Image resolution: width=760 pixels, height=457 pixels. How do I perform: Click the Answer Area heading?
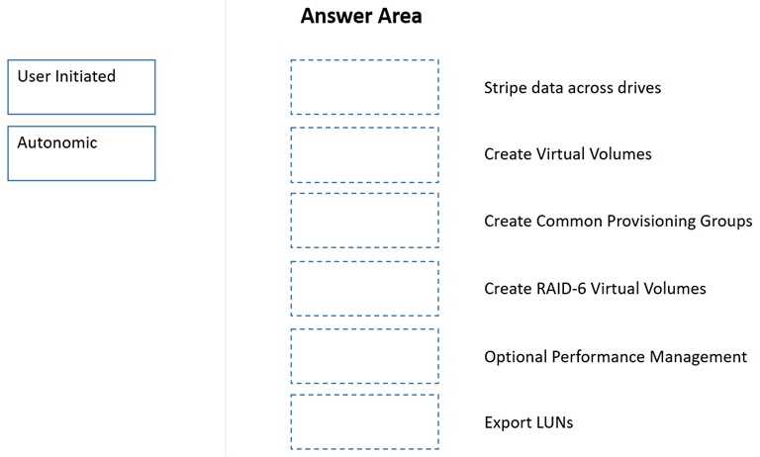[x=360, y=17]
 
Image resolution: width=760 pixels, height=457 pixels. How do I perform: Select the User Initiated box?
[x=81, y=87]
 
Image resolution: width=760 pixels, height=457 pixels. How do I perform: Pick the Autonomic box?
[x=81, y=153]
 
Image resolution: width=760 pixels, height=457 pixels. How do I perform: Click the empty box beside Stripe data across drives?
[x=364, y=87]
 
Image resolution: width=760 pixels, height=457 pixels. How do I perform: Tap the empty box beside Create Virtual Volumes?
[x=364, y=154]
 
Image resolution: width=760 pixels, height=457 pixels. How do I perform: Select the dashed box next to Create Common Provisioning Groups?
[x=364, y=221]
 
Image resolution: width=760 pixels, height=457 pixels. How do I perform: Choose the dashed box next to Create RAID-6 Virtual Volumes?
[x=364, y=288]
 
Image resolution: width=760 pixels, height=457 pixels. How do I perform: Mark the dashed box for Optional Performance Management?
[x=364, y=355]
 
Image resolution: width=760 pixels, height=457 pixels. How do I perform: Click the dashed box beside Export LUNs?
[x=364, y=422]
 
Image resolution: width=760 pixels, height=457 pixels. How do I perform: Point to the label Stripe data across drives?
[x=572, y=88]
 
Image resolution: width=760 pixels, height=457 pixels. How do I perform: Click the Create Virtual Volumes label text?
[x=567, y=154]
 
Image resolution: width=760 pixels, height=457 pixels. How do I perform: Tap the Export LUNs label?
[x=528, y=422]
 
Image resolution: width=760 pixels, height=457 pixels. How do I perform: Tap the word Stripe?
[x=505, y=88]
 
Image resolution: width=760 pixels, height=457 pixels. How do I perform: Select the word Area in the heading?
[x=397, y=17]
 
